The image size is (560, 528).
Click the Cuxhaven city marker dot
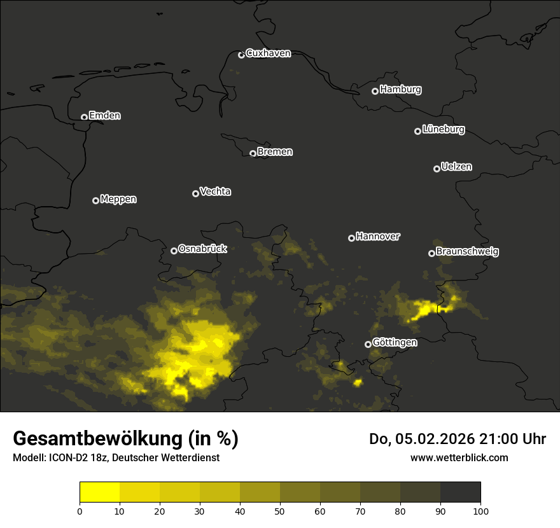241,55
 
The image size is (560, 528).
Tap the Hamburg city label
400,90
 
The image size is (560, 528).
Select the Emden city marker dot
84,117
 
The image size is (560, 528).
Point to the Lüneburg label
443,130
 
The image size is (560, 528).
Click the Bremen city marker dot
253,153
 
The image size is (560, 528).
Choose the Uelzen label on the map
456,167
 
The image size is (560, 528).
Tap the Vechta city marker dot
195,193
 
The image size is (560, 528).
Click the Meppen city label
118,199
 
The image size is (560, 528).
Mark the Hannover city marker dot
351,238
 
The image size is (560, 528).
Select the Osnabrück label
202,249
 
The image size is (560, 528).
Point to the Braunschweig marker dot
431,253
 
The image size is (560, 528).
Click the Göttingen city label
395,343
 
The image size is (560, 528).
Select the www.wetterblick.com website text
459,457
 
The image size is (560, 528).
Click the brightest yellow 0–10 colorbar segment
100,492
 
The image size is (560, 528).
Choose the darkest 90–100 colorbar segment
460,492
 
